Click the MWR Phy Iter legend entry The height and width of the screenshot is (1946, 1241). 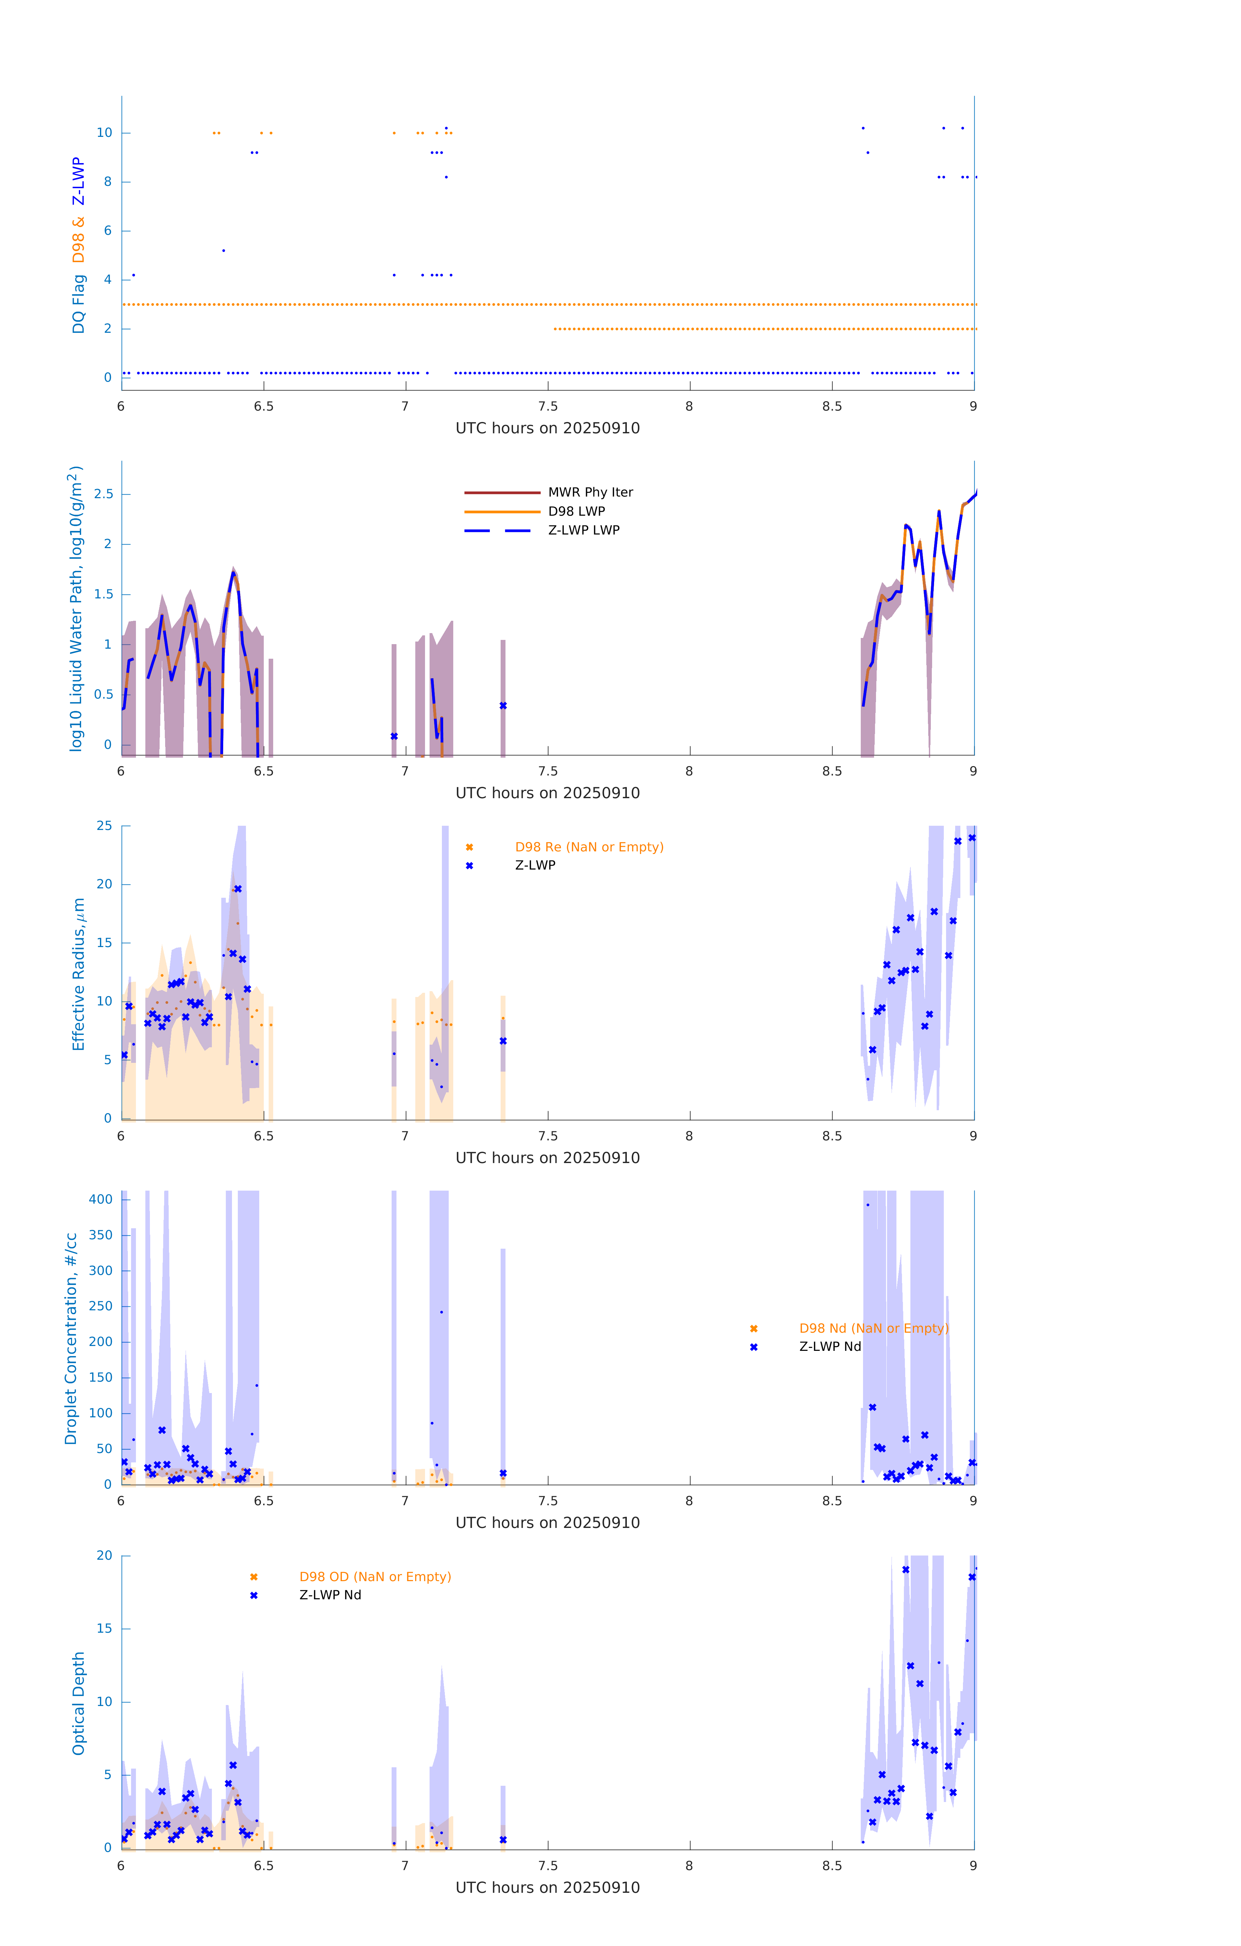(590, 492)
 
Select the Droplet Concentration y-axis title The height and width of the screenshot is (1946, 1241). (71, 1338)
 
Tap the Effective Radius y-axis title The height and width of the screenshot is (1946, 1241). (79, 974)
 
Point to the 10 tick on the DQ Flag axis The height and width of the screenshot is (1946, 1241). (104, 133)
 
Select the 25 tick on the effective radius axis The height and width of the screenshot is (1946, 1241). (104, 826)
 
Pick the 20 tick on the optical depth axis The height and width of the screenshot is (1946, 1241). (104, 1556)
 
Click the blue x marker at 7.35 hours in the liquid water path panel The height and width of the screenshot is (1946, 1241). (503, 705)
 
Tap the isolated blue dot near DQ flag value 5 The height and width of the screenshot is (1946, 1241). (224, 250)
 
